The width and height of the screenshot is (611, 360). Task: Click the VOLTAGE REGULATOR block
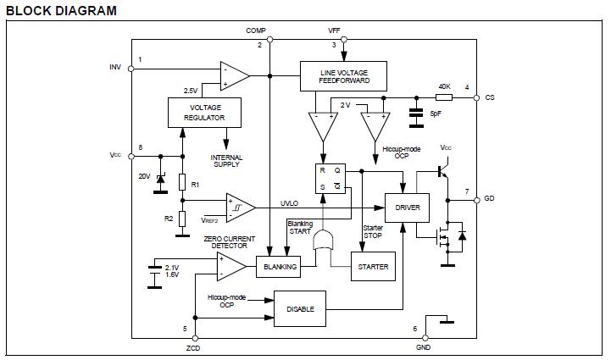[x=203, y=113]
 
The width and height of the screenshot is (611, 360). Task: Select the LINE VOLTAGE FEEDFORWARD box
[x=342, y=76]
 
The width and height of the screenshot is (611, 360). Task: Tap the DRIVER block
[x=408, y=207]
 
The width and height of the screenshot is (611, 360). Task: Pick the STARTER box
[x=373, y=267]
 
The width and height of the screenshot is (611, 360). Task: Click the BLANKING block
[x=281, y=267]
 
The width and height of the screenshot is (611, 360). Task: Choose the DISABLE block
[x=300, y=308]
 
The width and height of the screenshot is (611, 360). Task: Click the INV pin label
[x=116, y=66]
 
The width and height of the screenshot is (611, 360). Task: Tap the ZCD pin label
[x=194, y=348]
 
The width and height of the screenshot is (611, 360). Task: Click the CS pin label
[x=490, y=97]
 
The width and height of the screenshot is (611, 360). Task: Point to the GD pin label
[x=490, y=200]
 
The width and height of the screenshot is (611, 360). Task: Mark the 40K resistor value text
[x=444, y=86]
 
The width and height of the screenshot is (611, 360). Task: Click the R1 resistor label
[x=195, y=185]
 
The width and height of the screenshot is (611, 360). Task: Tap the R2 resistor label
[x=169, y=218]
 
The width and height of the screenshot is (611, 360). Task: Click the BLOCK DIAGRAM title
[x=60, y=10]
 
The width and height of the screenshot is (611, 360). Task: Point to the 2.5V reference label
[x=191, y=90]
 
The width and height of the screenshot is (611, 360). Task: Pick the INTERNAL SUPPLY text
[x=226, y=161]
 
